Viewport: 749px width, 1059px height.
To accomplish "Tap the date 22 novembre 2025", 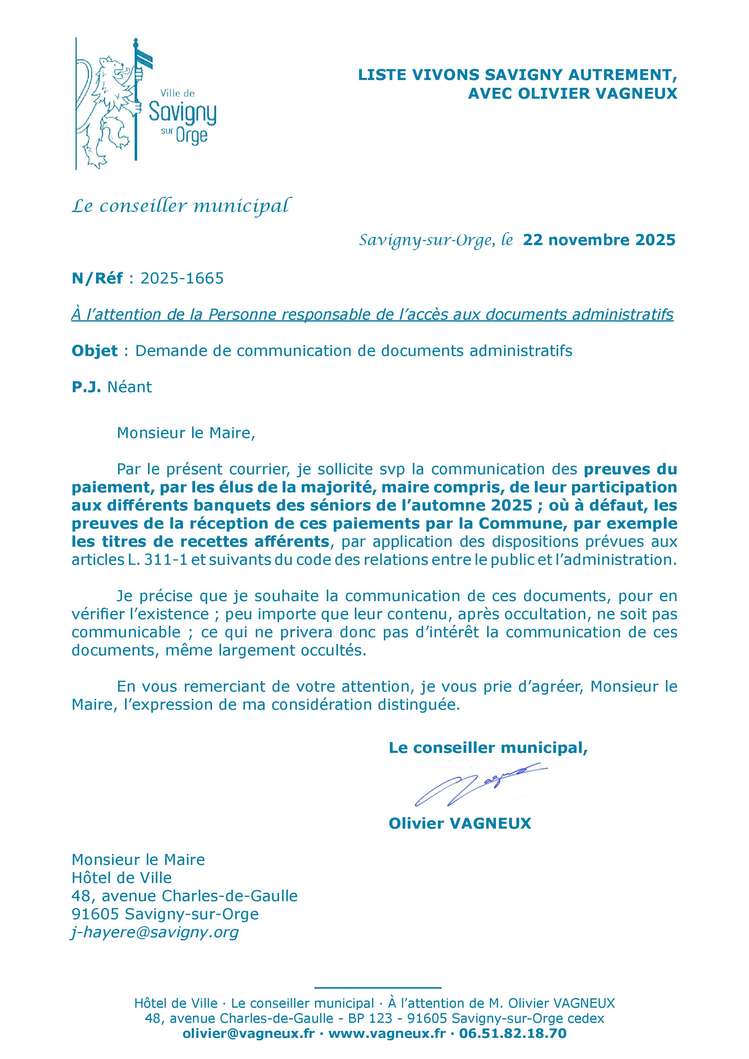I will [599, 240].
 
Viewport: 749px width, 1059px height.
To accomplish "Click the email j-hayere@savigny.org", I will [155, 932].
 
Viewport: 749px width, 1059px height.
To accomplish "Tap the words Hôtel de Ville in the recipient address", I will [121, 878].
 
